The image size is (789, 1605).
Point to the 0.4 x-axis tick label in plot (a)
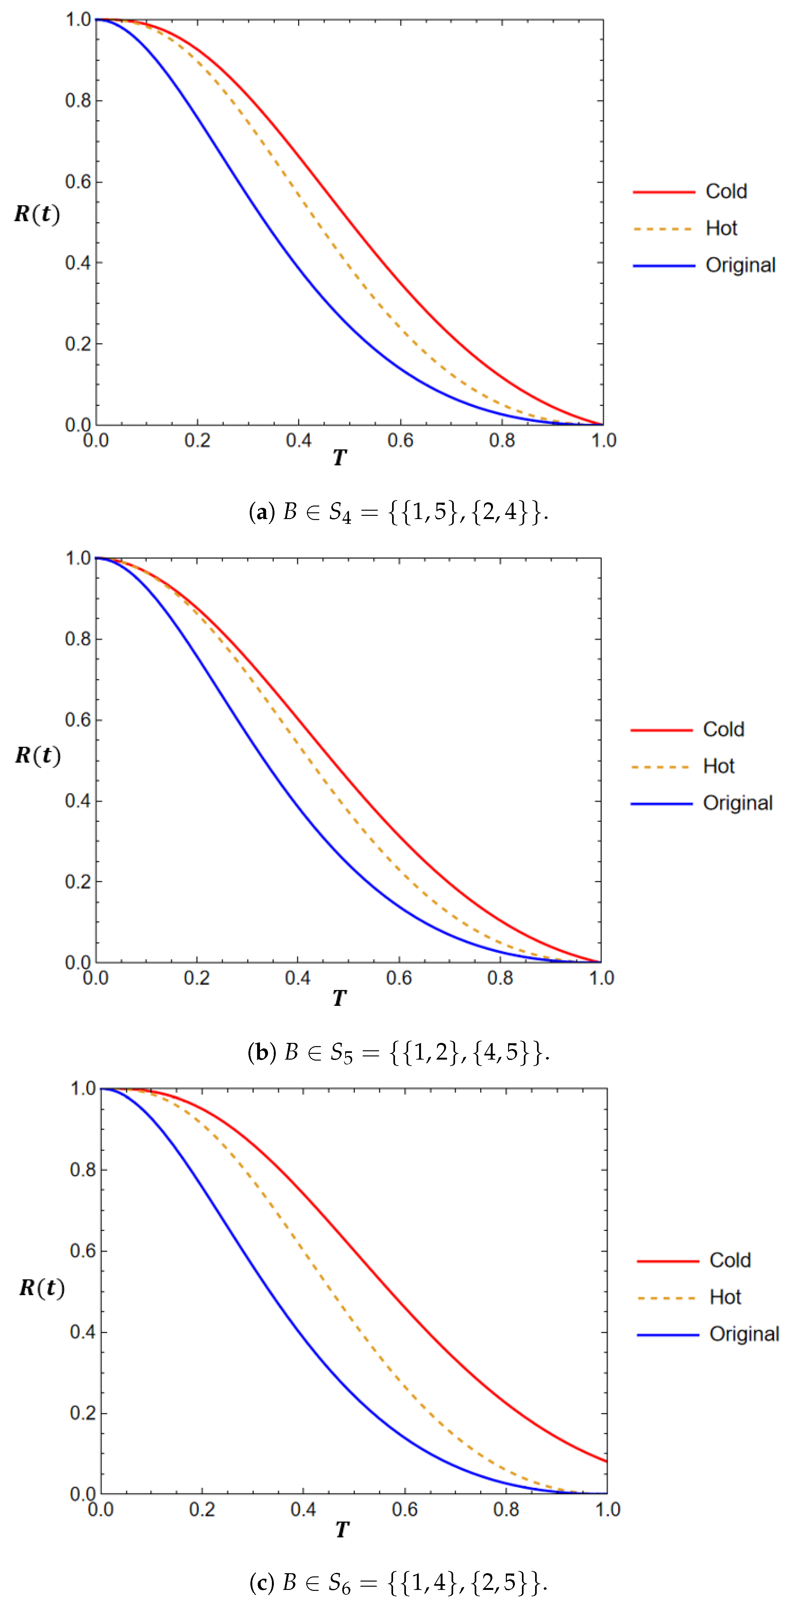pos(299,440)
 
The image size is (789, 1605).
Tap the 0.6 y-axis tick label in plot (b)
pos(78,720)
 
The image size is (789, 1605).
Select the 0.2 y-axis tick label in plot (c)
pos(83,1413)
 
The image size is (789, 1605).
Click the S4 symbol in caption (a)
pos(340,513)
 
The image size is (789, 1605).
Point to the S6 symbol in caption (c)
pos(340,1583)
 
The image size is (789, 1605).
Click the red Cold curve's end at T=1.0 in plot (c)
pos(606,1461)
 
